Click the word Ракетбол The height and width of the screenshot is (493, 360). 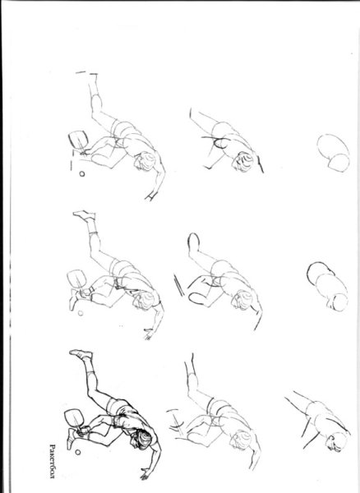tap(53, 461)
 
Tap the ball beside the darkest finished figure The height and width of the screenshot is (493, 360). tap(77, 452)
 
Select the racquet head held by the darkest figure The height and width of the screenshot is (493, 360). tap(74, 417)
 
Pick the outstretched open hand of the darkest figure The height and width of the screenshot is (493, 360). tap(145, 474)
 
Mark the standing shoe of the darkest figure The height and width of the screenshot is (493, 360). tap(72, 438)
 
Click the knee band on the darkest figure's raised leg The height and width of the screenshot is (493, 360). tap(91, 376)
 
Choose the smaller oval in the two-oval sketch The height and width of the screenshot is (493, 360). tap(339, 163)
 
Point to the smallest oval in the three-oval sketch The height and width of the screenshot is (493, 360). tap(338, 302)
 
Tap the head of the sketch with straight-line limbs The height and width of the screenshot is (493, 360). tap(336, 442)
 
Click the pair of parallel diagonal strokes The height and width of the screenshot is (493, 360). tap(178, 285)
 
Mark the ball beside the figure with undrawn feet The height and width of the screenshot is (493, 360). tap(81, 173)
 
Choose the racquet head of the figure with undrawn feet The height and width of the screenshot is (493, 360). tap(78, 140)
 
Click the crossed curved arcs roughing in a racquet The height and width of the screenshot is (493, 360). tap(177, 421)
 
